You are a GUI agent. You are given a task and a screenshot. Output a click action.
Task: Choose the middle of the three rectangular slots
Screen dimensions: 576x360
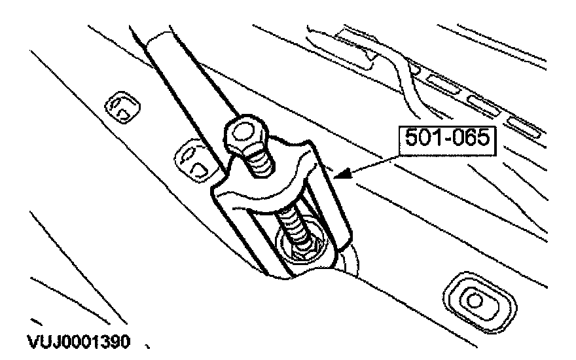tap(482, 102)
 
